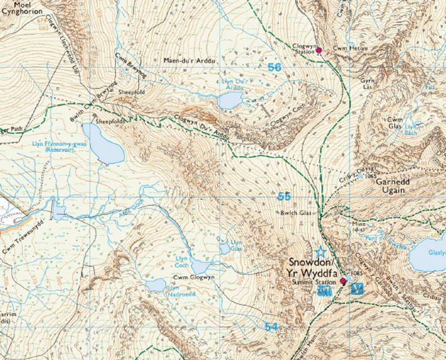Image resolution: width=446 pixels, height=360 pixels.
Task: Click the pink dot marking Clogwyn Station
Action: coord(319,50)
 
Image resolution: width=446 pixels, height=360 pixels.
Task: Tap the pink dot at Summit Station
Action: coord(342,280)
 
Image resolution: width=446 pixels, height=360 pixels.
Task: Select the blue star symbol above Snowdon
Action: coord(321,252)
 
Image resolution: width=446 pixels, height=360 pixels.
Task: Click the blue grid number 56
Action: coord(275,67)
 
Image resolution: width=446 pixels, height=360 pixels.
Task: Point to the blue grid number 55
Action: coord(284,195)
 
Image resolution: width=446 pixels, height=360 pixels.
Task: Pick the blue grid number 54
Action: coord(272,326)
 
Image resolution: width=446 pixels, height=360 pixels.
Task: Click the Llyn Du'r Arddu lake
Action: coord(230,100)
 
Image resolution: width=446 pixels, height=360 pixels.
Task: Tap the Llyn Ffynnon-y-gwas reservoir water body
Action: coord(102,143)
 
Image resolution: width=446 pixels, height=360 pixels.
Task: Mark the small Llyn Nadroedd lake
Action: coord(157,285)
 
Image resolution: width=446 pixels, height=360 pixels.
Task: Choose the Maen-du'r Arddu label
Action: coord(189,61)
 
